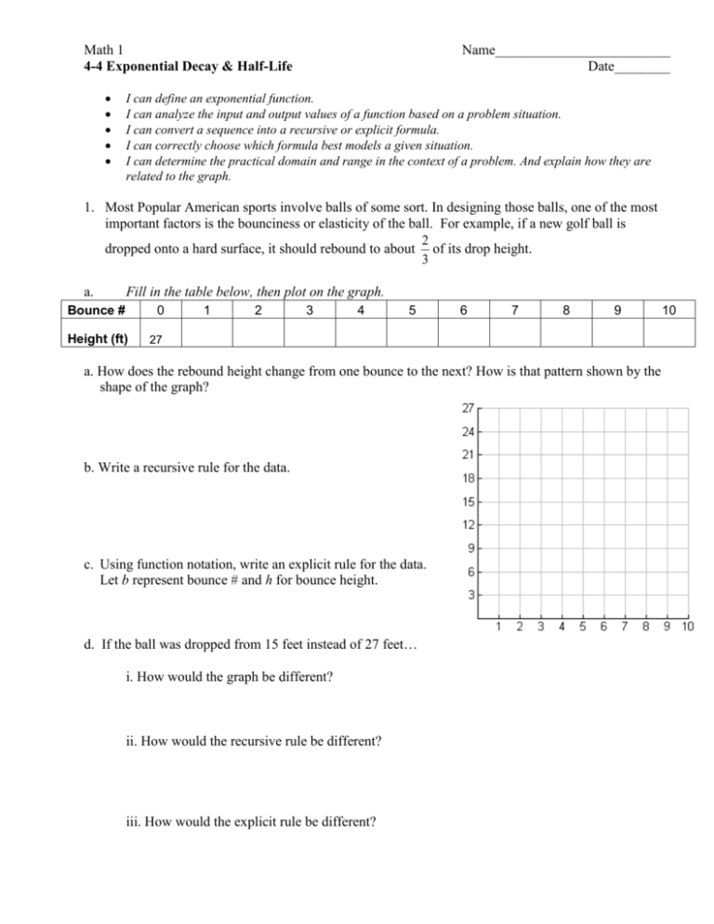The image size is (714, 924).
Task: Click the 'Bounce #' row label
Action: (x=110, y=310)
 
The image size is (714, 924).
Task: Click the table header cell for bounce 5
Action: (x=411, y=310)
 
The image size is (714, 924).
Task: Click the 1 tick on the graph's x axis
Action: (x=497, y=628)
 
